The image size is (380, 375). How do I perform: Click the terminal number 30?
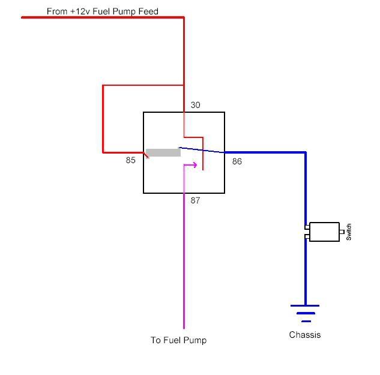[196, 105]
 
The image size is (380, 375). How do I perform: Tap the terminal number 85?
[131, 160]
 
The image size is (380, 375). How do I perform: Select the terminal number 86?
[237, 161]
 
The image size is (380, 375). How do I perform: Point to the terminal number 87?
[195, 200]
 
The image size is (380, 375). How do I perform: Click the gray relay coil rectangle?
[163, 152]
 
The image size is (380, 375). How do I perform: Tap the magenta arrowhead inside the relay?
[193, 165]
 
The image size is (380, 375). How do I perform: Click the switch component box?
[324, 232]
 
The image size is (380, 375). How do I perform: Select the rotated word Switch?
[349, 232]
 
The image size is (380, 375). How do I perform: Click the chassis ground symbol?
[305, 313]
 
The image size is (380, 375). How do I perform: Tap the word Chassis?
[305, 335]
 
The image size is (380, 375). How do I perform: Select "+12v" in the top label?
[80, 11]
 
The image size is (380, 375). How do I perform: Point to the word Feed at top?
[148, 11]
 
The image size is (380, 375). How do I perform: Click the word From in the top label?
[57, 11]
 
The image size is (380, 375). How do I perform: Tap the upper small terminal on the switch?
[307, 227]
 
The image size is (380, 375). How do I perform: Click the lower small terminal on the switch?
[307, 237]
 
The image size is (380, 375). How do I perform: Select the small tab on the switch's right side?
[342, 232]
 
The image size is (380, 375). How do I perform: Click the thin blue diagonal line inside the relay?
[202, 150]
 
